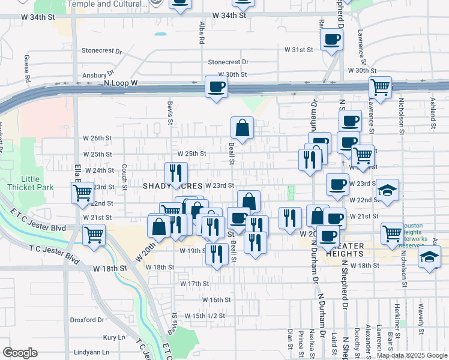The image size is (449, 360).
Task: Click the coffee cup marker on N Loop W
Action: coord(216,87)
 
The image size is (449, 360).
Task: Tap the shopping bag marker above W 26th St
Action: coord(242,128)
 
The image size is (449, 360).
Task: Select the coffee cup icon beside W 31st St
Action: coord(331,41)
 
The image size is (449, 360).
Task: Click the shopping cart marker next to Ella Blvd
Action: coord(82,193)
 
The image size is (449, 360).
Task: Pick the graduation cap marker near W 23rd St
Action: coord(388,190)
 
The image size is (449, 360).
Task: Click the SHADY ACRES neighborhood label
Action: coord(172,187)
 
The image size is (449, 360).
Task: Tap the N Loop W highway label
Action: coord(121,83)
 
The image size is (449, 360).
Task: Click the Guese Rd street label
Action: coord(27,68)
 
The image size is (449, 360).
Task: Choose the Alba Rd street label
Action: coord(202,34)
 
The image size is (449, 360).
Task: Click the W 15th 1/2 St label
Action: coord(204,315)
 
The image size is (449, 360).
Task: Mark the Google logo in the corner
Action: coord(20,353)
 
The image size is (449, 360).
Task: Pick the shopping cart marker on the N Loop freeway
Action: coord(380,87)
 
